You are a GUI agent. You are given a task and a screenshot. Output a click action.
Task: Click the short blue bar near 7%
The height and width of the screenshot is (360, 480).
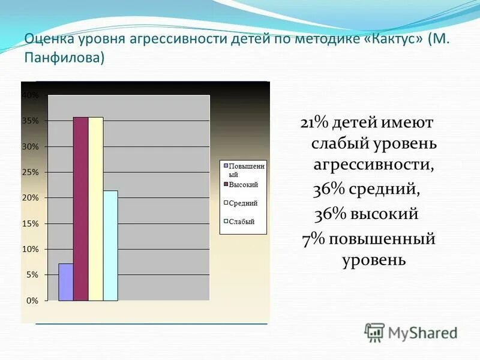pyautogui.click(x=66, y=282)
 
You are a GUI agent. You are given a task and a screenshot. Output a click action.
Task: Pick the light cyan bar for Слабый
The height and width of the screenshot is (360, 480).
pyautogui.click(x=110, y=245)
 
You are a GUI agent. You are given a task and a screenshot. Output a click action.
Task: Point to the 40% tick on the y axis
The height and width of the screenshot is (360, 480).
pyautogui.click(x=30, y=95)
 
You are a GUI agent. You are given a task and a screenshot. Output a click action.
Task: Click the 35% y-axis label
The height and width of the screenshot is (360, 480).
pyautogui.click(x=30, y=121)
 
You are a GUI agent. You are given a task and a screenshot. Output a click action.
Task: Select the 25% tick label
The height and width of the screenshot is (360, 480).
pyautogui.click(x=30, y=172)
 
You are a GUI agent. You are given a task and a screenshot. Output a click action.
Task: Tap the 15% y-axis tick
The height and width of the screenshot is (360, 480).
pyautogui.click(x=30, y=223)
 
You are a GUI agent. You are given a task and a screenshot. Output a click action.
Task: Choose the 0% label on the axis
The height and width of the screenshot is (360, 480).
pyautogui.click(x=32, y=300)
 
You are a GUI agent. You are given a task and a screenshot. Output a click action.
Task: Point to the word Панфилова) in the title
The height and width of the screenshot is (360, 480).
pyautogui.click(x=64, y=58)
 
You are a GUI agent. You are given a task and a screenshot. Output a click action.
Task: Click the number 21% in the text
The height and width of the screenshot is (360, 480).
pyautogui.click(x=314, y=122)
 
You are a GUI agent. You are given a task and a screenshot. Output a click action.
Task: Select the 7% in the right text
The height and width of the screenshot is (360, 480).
pyautogui.click(x=313, y=239)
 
